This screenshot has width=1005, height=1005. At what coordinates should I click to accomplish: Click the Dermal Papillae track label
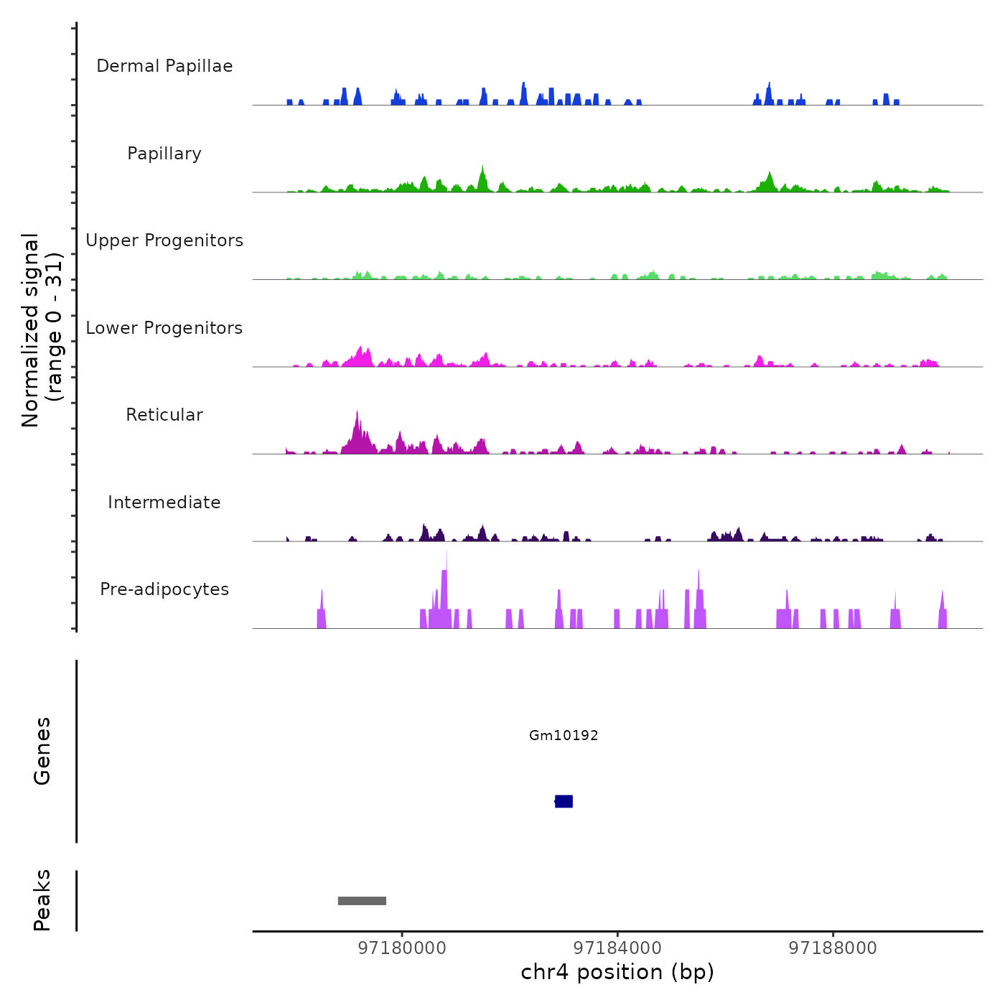[x=164, y=66]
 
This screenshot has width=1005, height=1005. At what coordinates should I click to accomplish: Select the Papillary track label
[x=164, y=154]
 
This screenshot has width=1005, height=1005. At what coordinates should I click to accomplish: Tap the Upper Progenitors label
[x=164, y=240]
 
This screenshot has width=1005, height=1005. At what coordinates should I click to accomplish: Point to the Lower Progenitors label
[x=164, y=328]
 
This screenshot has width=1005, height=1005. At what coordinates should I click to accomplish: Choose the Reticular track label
[x=164, y=415]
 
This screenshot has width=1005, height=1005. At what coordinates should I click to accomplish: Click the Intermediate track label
[x=164, y=502]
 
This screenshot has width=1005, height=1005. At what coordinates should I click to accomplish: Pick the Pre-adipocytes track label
[x=164, y=589]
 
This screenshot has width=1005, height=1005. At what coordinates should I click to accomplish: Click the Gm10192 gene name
[x=564, y=735]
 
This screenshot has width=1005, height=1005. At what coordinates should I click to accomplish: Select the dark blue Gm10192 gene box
[x=564, y=801]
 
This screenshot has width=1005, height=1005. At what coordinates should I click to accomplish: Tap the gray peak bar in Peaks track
[x=362, y=901]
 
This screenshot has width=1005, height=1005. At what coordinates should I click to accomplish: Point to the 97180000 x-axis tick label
[x=402, y=948]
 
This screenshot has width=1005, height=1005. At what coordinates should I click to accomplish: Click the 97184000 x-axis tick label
[x=617, y=948]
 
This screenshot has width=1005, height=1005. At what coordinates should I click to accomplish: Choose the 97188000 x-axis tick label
[x=833, y=948]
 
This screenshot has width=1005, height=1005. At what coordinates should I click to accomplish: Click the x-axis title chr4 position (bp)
[x=617, y=972]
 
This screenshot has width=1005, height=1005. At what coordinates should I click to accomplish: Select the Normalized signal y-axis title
[x=42, y=330]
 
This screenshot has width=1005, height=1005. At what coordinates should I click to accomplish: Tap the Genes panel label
[x=42, y=751]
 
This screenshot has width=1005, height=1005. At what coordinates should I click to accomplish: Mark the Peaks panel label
[x=42, y=900]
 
